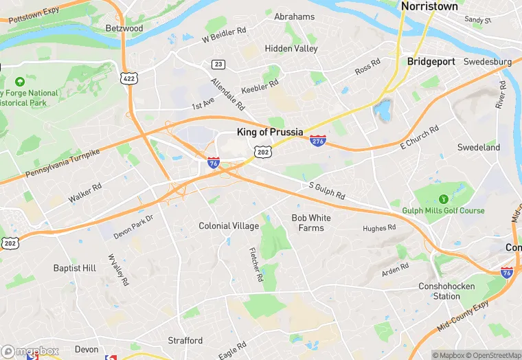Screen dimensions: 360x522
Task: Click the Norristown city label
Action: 429,6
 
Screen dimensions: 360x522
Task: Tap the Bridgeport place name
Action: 431,61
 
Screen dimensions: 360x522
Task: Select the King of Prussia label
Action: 269,132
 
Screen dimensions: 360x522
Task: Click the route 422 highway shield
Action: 129,79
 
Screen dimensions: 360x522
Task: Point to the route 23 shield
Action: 218,65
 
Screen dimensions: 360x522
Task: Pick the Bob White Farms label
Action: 311,223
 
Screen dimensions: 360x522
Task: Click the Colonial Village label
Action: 229,226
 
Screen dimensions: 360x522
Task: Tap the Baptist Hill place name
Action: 74,268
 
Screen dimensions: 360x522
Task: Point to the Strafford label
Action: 185,340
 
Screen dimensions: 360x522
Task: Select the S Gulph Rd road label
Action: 326,190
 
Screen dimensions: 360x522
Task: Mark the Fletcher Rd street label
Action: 255,265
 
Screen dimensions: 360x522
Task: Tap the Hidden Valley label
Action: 291,49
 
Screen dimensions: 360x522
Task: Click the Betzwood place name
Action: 124,28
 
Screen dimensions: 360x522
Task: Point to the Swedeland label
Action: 479,147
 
